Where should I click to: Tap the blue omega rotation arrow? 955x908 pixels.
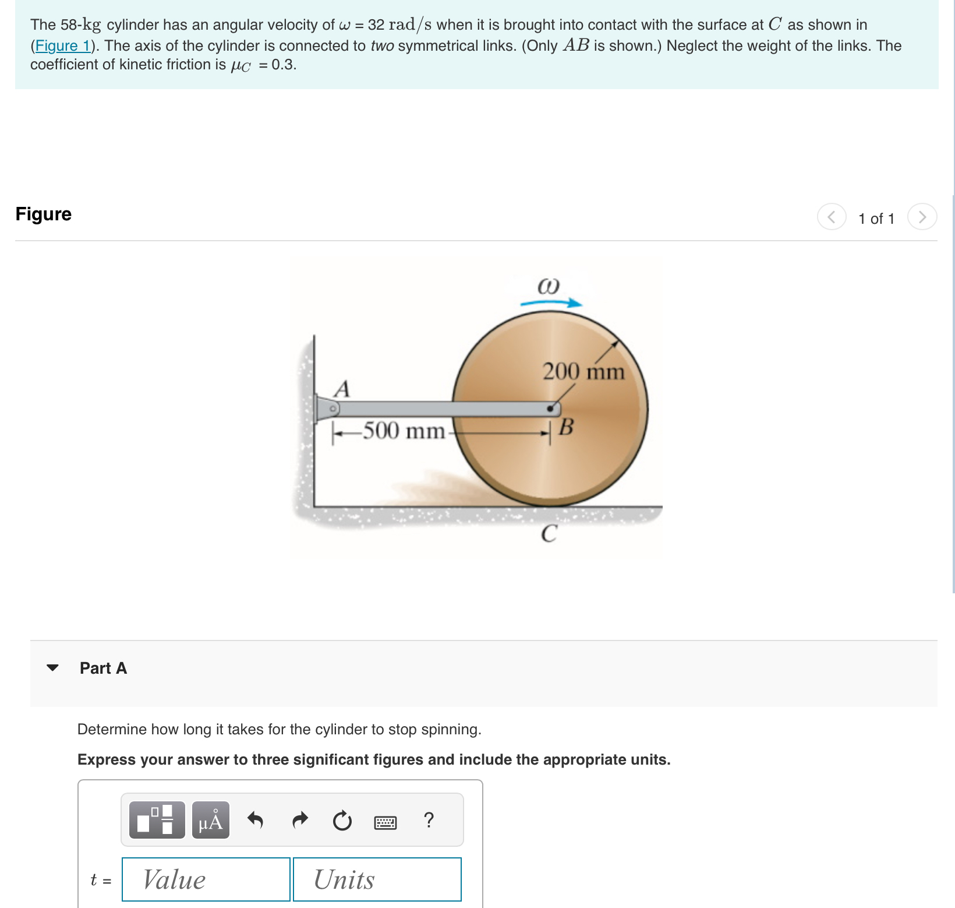point(551,302)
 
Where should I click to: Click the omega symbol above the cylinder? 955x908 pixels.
point(548,286)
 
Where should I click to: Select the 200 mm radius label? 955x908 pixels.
point(583,371)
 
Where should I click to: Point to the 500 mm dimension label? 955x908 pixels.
point(404,431)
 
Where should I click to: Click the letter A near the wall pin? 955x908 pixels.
point(342,389)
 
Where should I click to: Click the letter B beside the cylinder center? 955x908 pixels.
point(566,427)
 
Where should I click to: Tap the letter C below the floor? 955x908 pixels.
point(549,533)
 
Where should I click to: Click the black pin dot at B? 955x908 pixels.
point(550,409)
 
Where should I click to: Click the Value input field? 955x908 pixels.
point(206,879)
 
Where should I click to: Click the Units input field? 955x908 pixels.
point(377,879)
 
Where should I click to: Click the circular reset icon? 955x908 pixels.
point(342,821)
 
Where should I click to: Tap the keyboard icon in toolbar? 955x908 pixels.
point(385,822)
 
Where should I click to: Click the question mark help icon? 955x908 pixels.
point(429,820)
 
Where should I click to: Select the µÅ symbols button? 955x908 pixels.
point(211,820)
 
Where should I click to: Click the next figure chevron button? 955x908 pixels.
point(922,217)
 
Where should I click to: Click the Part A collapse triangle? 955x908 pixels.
point(52,668)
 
